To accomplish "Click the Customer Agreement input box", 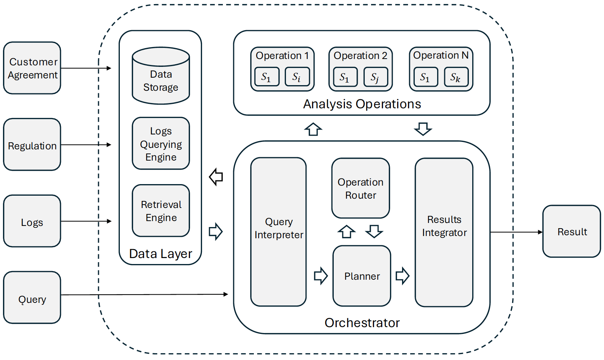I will point(32,68).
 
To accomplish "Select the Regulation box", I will point(32,145).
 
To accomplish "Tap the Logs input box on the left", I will point(32,221).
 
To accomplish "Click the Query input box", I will point(32,298).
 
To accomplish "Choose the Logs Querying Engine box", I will point(161,144).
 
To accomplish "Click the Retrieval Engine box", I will point(161,211).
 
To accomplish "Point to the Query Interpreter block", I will point(278,232).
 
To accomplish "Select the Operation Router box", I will point(361,188).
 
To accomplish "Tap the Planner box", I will point(362,276).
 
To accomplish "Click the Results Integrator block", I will point(444,232).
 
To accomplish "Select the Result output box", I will point(572,232).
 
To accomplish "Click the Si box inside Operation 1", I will point(297,77).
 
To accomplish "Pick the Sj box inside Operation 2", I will point(376,77).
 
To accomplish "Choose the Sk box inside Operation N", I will point(456,77).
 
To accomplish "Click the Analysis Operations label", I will point(362,104).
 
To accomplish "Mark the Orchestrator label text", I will point(362,323).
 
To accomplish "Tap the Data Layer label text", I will point(161,254).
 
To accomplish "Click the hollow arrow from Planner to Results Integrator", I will point(402,276).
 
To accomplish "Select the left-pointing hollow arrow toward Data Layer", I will point(216,177).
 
